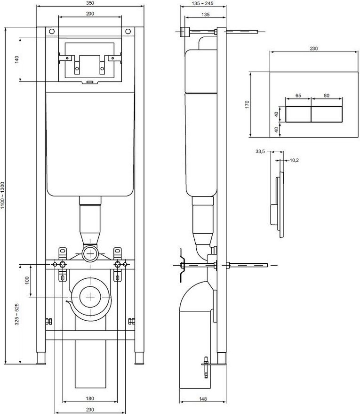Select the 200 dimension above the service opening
pyautogui.click(x=90, y=14)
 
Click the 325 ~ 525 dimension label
pyautogui.click(x=17, y=314)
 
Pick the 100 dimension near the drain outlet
pyautogui.click(x=27, y=280)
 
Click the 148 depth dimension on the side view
pyautogui.click(x=202, y=398)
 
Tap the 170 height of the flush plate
pyautogui.click(x=246, y=104)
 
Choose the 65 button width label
pyautogui.click(x=298, y=96)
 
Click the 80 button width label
pyautogui.click(x=327, y=96)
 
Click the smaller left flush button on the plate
pyautogui.click(x=298, y=114)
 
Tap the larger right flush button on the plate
pyautogui.click(x=327, y=114)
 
